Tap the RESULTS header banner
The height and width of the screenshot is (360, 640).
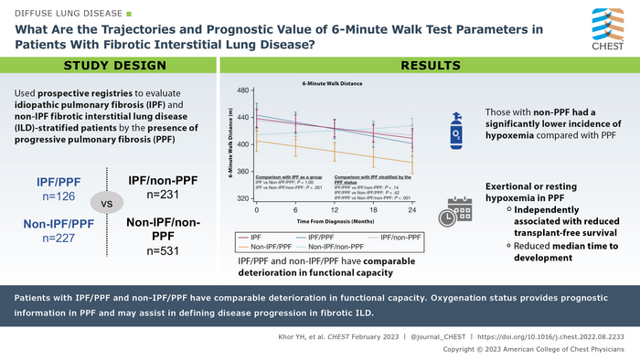tap(434, 66)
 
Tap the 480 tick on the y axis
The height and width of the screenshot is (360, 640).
tap(242, 90)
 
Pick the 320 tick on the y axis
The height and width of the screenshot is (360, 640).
tap(242, 198)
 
